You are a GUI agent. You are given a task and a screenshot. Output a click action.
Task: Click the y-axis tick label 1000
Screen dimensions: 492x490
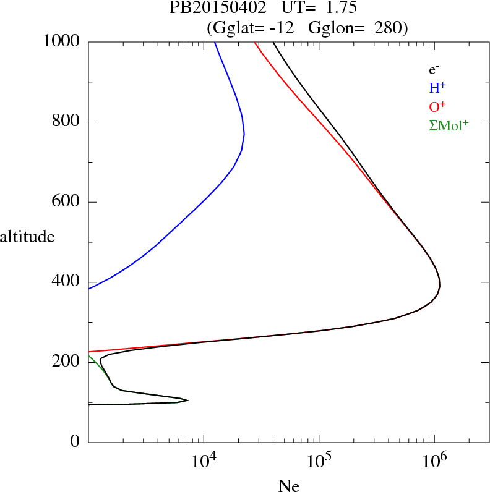62,41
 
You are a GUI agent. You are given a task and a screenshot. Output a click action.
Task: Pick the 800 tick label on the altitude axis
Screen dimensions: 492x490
67,122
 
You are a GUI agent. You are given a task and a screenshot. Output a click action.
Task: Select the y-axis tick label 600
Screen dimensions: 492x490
67,202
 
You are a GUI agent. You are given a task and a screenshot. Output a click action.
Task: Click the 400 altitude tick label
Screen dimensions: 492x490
67,282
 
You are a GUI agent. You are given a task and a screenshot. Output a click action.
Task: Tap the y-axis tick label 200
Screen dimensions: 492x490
67,362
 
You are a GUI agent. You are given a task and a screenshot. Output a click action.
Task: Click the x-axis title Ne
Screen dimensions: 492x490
288,485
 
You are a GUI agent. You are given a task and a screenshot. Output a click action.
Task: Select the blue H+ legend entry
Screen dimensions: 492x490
437,88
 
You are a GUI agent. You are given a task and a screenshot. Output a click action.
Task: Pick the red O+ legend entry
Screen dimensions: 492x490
437,107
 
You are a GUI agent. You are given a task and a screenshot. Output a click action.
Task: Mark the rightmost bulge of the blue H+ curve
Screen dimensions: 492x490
244,134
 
